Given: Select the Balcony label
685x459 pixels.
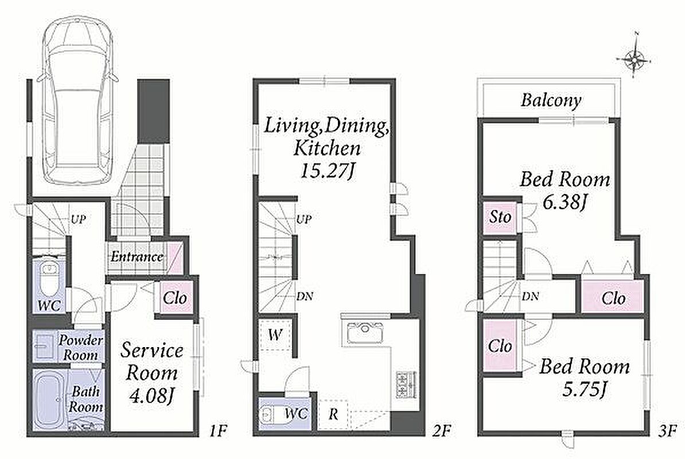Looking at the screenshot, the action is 551,100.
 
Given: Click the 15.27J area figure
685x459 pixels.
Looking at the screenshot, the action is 327,171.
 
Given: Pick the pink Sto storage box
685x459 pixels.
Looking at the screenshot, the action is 500,217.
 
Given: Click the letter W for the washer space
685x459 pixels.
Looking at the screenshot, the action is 275,335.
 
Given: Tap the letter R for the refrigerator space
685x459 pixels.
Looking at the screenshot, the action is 333,414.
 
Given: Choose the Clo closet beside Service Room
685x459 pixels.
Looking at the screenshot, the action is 175,298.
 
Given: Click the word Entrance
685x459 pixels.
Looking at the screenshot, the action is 137,256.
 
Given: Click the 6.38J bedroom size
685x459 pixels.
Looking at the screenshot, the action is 563,202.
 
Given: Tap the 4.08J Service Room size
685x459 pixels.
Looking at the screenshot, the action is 151,396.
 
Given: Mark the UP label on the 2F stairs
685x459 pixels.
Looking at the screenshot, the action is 303,219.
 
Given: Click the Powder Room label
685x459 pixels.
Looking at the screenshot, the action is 80,347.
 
